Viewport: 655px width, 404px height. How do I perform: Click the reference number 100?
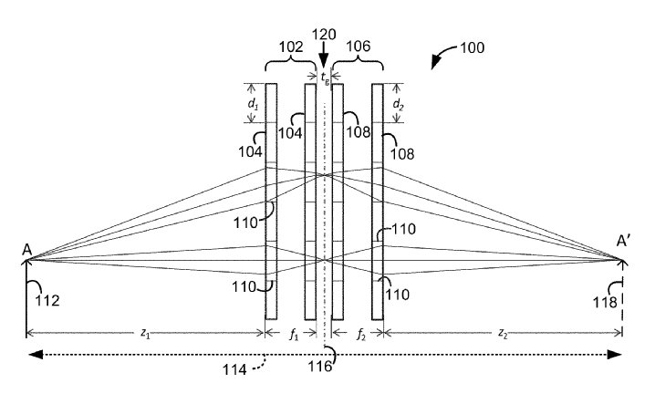point(472,47)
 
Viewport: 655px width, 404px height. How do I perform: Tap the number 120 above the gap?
point(324,35)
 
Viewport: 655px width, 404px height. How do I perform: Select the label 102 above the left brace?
point(291,47)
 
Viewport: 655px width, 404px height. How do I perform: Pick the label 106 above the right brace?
point(359,46)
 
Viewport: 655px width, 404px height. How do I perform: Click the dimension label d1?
point(253,104)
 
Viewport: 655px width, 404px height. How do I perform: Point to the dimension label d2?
point(398,104)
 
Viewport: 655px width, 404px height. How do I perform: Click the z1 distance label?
point(145,333)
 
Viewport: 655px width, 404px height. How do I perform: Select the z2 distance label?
point(503,333)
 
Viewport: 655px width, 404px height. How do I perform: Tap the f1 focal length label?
point(294,334)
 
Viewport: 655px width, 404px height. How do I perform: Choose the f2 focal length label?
point(361,334)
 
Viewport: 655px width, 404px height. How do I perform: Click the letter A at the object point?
point(27,250)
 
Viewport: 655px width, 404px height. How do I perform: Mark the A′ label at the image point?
point(623,241)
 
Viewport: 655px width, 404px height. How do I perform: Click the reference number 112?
point(47,300)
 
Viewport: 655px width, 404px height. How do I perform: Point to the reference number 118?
point(606,302)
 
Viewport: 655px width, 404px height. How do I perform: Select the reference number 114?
point(234,369)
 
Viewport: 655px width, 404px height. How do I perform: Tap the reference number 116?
point(320,367)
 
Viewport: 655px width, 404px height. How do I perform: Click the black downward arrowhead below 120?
point(324,61)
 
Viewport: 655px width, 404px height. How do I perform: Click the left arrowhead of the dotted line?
point(36,355)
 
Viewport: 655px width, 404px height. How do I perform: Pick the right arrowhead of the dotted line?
point(615,355)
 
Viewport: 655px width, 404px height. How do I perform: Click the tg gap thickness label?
point(325,78)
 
